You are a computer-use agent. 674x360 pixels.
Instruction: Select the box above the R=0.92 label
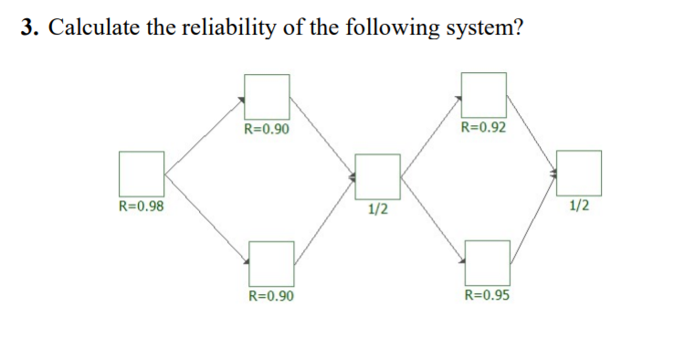[x=484, y=95]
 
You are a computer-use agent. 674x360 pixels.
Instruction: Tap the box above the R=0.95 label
[x=488, y=263]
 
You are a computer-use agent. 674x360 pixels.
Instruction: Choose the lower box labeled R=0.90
[x=271, y=263]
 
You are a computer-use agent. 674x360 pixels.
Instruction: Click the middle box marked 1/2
[x=377, y=176]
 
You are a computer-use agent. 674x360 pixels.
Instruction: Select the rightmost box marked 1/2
[x=579, y=174]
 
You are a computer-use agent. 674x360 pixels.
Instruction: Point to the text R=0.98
[x=142, y=206]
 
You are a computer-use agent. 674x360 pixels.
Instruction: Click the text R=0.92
[x=484, y=127]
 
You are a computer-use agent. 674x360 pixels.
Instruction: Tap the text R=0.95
[x=488, y=295]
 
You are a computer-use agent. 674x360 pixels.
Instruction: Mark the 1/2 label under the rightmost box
[x=578, y=206]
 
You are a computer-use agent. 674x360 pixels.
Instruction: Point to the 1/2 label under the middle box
[x=377, y=208]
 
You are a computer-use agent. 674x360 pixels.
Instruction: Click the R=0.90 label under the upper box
[x=267, y=128]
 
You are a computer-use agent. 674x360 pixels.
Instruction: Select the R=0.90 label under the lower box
[x=271, y=296]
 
